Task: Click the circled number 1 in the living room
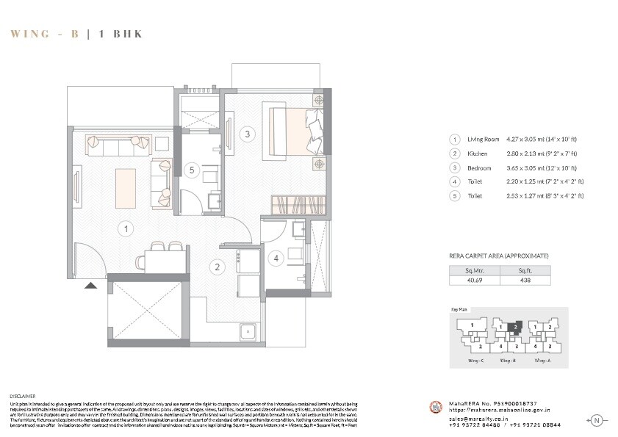(x=126, y=229)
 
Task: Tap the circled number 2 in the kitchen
(x=218, y=267)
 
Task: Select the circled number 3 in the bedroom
(x=248, y=134)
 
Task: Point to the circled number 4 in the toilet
(x=275, y=258)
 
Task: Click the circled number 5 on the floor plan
(x=191, y=170)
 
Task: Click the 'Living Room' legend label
(x=483, y=140)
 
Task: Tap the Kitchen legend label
(x=478, y=154)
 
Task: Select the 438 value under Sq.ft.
(x=525, y=280)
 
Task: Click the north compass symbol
(x=596, y=420)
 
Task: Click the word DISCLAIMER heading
(x=23, y=396)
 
